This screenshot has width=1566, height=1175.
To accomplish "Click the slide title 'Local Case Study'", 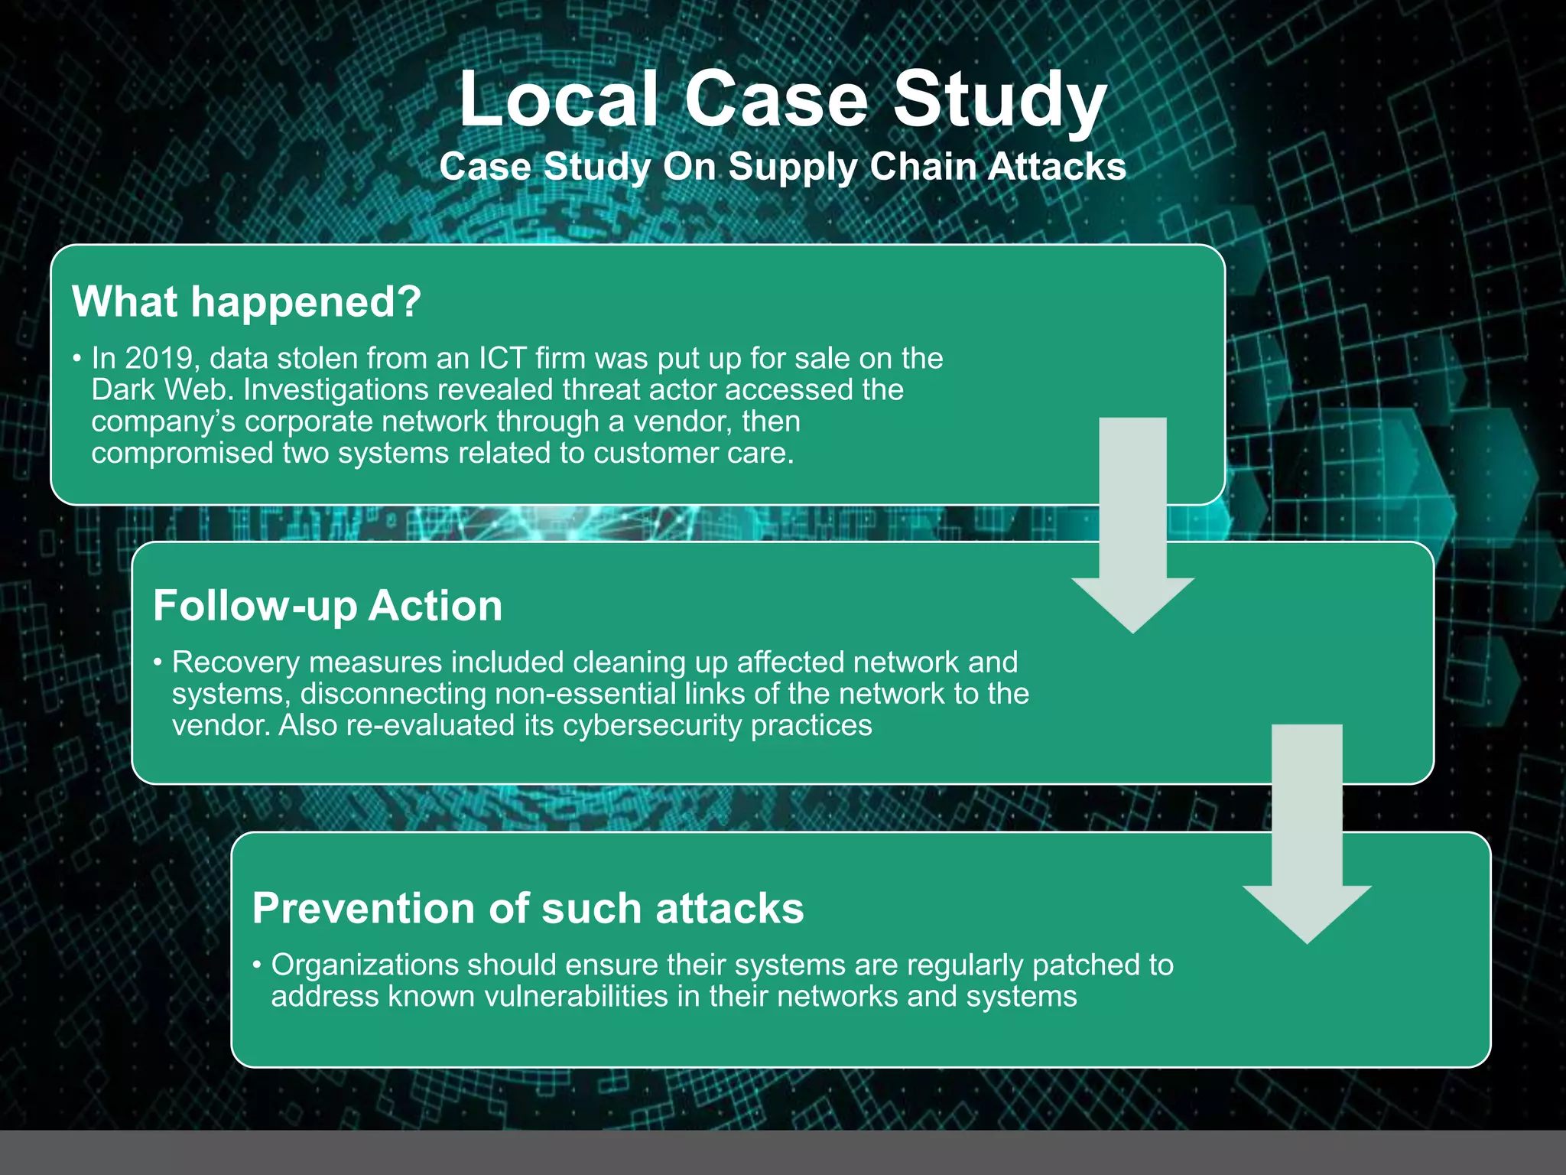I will pyautogui.click(x=782, y=99).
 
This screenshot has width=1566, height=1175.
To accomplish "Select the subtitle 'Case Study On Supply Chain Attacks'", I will pyautogui.click(x=782, y=167).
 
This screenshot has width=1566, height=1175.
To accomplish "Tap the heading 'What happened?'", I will pyautogui.click(x=246, y=301).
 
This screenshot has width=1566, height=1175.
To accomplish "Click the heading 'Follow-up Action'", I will pyautogui.click(x=327, y=606).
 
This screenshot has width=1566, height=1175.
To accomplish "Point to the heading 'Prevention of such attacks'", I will pyautogui.click(x=528, y=908).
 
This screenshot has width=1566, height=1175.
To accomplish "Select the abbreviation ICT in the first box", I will pyautogui.click(x=502, y=358).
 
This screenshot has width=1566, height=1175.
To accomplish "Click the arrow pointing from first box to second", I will pyautogui.click(x=1132, y=528).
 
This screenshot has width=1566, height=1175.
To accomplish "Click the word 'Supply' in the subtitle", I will pyautogui.click(x=792, y=167).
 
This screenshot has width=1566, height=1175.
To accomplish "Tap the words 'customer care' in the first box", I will pyautogui.click(x=694, y=453).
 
